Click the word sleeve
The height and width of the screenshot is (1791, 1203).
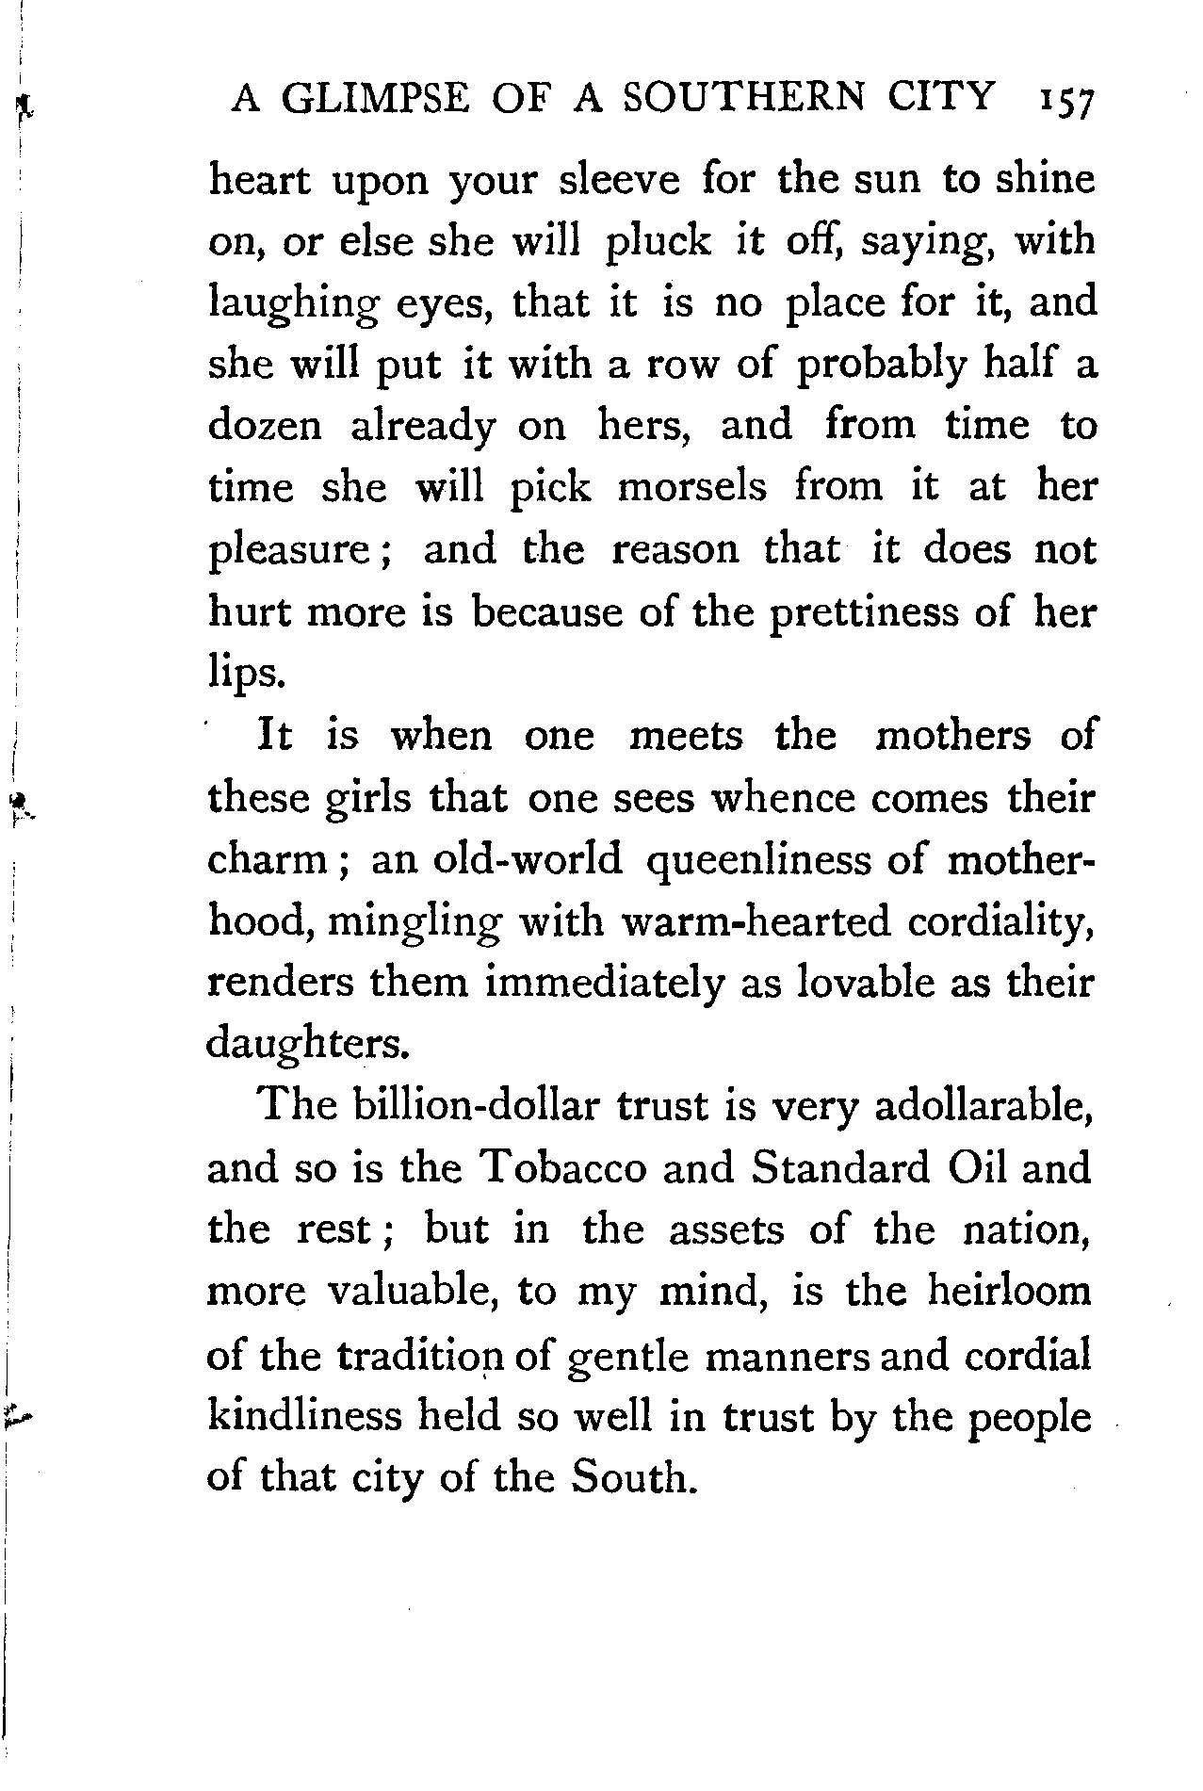click(619, 179)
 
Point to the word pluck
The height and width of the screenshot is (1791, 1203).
click(658, 241)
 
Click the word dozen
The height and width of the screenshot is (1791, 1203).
click(265, 426)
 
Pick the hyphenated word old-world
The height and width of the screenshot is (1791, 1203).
click(496, 859)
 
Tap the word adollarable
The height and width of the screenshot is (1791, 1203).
click(984, 1106)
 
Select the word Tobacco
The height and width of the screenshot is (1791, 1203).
click(562, 1168)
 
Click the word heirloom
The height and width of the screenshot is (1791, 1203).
click(1009, 1291)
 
